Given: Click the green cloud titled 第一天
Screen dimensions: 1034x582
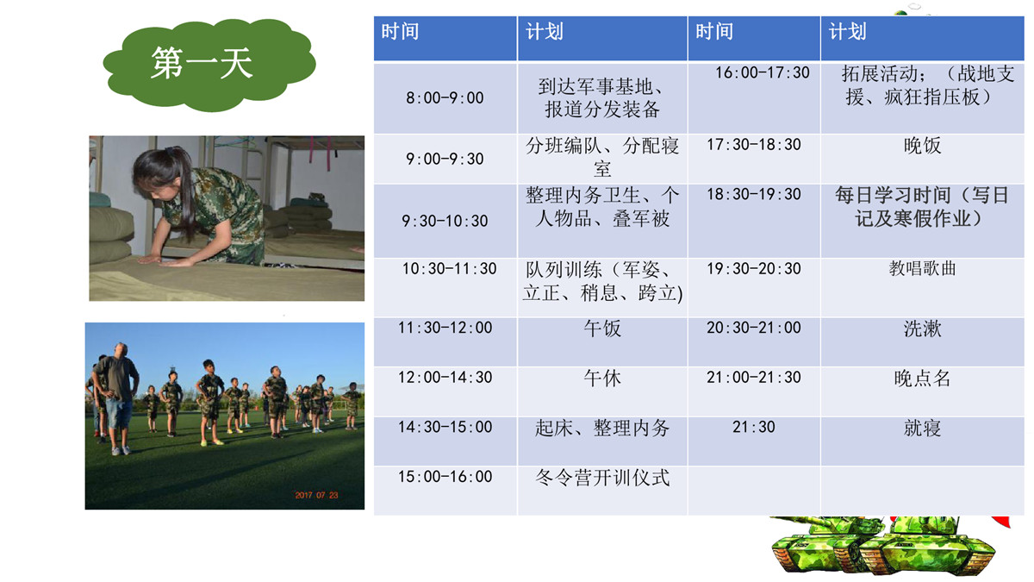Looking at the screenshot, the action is [209, 65].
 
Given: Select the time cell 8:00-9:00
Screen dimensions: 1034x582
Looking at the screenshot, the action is [445, 98].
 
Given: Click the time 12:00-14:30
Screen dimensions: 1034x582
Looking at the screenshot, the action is [445, 378].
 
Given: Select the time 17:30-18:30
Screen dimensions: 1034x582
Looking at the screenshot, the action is [754, 145].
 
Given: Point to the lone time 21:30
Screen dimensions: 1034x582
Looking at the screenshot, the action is [754, 427].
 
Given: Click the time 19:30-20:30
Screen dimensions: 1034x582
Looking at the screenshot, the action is [754, 268].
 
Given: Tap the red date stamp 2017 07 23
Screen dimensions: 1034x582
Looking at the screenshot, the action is [317, 495].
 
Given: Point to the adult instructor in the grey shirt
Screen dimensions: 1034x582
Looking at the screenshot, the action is [115, 397].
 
